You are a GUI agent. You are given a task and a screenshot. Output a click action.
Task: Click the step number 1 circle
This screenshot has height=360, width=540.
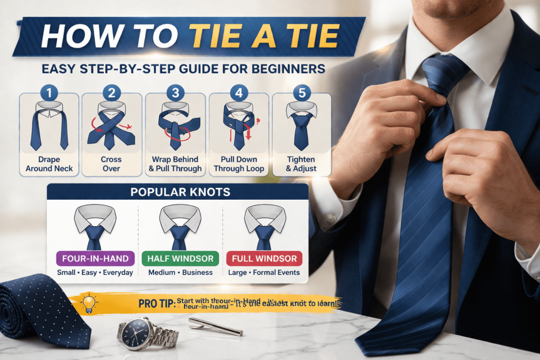[49, 93]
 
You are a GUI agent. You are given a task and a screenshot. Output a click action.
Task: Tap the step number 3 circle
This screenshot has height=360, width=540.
[175, 93]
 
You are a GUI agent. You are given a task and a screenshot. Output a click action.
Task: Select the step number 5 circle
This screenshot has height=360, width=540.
[302, 93]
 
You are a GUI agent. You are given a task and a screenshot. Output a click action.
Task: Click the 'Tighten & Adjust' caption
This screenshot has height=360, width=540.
[301, 164]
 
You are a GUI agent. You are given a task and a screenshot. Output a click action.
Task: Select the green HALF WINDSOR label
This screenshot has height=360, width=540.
[181, 259]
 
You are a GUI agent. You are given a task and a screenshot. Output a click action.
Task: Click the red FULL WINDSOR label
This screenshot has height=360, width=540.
[264, 259]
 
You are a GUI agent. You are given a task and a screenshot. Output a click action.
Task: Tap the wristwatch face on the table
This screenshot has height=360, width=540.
[137, 332]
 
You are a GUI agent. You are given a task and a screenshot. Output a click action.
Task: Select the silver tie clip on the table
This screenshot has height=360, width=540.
[215, 326]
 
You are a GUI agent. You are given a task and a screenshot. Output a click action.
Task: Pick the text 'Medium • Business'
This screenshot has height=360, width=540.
[180, 272]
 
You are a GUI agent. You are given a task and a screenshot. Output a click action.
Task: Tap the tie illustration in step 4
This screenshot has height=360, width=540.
[238, 125]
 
